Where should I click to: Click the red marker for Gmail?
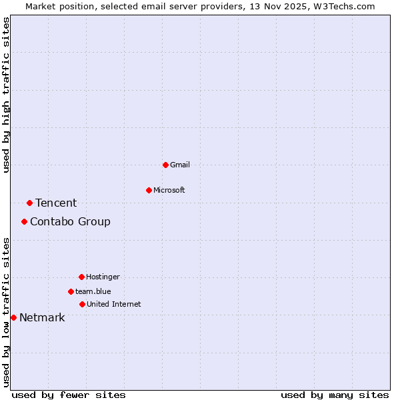coord(165,165)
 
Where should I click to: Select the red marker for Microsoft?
coord(149,190)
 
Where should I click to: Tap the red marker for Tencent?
coord(29,203)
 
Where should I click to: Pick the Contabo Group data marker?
coord(24,221)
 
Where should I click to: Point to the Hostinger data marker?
coord(81,277)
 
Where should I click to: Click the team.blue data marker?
coord(71,291)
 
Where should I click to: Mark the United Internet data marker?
coord(82,304)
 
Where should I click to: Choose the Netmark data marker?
coord(13,317)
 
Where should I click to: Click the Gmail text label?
coord(180,165)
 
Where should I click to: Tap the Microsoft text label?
coord(169,190)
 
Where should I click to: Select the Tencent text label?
coord(56,203)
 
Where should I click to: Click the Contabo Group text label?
coord(70,221)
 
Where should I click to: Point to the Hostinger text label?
coord(103,277)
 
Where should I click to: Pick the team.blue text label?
coord(93,291)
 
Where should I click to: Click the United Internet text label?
coord(114,304)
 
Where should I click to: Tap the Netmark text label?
coord(42,317)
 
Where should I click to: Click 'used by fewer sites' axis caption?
coord(69,395)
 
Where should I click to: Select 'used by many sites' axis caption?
coord(335,395)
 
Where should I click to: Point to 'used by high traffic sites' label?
coord(7,95)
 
